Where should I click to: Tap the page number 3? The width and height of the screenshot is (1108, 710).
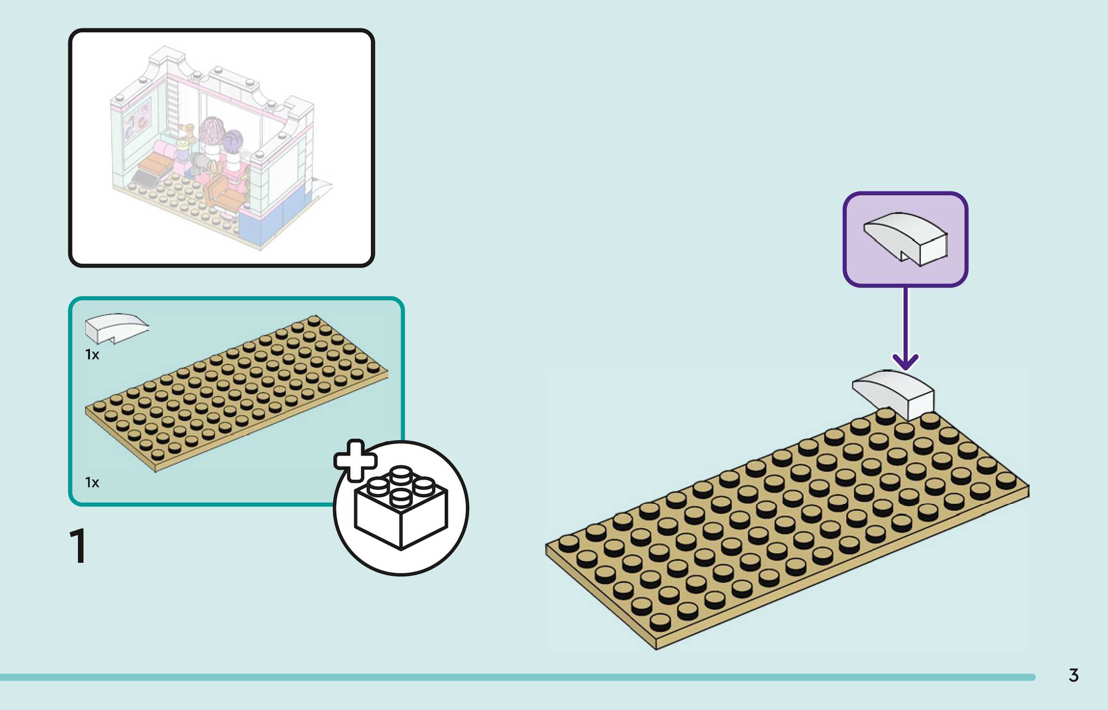[x=1073, y=675]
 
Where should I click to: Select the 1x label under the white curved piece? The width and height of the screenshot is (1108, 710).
[x=92, y=355]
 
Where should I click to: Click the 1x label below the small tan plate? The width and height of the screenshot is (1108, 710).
[x=92, y=482]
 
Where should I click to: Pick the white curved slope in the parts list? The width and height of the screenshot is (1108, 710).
[x=115, y=328]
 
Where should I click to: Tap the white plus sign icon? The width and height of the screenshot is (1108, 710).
[x=355, y=460]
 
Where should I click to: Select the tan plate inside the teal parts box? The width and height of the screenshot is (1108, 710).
[x=236, y=392]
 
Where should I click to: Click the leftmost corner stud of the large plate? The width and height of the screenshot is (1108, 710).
[x=569, y=543]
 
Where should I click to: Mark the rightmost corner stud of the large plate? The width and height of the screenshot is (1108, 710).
[x=1006, y=479]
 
